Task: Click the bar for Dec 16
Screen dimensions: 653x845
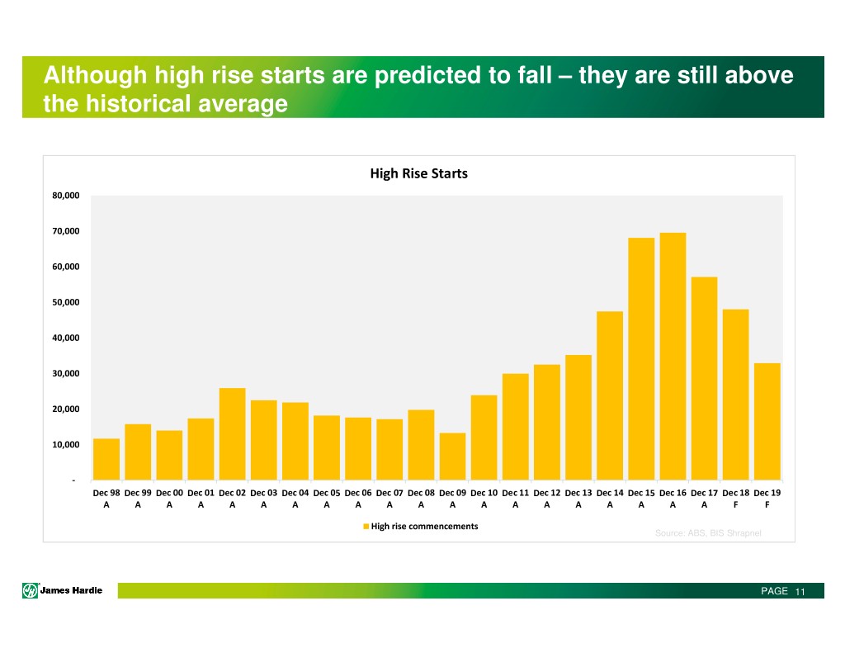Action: pyautogui.click(x=673, y=356)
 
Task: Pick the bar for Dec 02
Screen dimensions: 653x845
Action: pyautogui.click(x=233, y=433)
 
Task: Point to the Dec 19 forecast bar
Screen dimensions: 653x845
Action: pyautogui.click(x=767, y=421)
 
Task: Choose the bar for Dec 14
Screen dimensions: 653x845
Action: pyautogui.click(x=610, y=395)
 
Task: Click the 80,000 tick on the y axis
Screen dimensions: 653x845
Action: pyautogui.click(x=63, y=196)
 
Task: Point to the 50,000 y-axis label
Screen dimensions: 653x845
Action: pyautogui.click(x=63, y=303)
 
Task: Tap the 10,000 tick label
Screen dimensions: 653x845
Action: pyautogui.click(x=63, y=446)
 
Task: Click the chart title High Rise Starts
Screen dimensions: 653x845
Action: pyautogui.click(x=418, y=173)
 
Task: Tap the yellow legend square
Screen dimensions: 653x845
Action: pyautogui.click(x=366, y=527)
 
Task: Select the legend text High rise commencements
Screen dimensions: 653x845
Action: pyautogui.click(x=424, y=527)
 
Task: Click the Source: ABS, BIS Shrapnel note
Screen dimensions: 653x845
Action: pyautogui.click(x=708, y=533)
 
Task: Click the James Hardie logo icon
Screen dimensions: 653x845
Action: pyautogui.click(x=30, y=590)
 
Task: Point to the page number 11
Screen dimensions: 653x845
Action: pyautogui.click(x=800, y=591)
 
